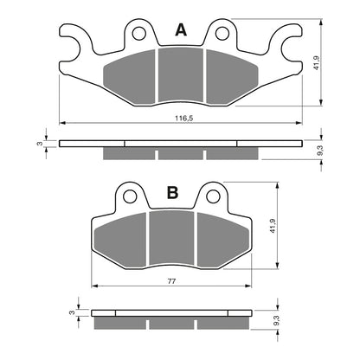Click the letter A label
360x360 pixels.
(180, 30)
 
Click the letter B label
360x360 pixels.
(172, 194)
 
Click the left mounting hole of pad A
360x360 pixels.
(138, 34)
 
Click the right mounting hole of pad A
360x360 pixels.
(222, 34)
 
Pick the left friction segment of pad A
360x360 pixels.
(132, 76)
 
